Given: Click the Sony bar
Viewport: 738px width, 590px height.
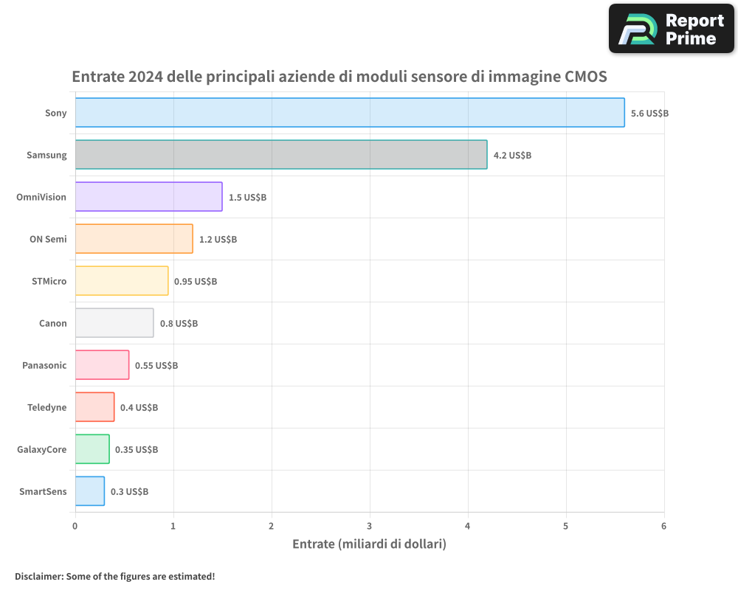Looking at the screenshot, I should (x=350, y=113).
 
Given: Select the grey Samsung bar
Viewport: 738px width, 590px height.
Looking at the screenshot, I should (x=281, y=155).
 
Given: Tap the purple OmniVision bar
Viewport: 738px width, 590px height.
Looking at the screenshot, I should (x=148, y=197).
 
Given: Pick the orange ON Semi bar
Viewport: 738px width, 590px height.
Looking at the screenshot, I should (x=134, y=239).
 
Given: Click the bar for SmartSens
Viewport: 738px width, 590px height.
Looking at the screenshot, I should (x=89, y=491).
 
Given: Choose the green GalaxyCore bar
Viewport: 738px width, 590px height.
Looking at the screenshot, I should (x=92, y=449).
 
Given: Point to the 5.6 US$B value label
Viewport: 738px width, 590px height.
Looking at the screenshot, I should (x=649, y=114).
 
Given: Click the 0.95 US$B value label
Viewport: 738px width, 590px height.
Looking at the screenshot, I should (x=196, y=282).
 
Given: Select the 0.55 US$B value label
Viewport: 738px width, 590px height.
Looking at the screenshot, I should (x=156, y=366).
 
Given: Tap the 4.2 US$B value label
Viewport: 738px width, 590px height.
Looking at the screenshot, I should (x=512, y=156).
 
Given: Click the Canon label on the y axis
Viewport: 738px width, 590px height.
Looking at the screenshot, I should (x=52, y=323).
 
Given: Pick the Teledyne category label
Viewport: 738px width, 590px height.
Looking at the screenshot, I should (x=46, y=407).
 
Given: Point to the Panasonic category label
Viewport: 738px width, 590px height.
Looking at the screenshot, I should (x=44, y=365).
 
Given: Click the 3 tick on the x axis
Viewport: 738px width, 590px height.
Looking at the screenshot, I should (x=370, y=527).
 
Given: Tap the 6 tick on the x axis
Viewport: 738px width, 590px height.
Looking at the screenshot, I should (x=663, y=527).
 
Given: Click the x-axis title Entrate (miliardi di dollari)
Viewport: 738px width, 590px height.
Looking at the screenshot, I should (x=369, y=544).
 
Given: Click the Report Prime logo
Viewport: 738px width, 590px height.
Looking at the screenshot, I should (x=671, y=29).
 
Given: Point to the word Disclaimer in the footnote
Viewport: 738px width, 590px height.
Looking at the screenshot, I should (x=38, y=576).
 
